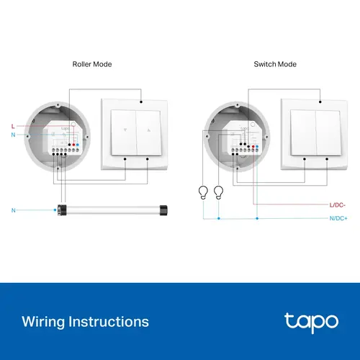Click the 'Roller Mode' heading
(92, 65)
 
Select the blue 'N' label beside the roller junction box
(13, 135)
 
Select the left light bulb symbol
(204, 192)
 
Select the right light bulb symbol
(219, 192)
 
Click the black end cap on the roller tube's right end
(164, 210)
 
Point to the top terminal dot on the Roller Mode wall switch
(141, 102)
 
